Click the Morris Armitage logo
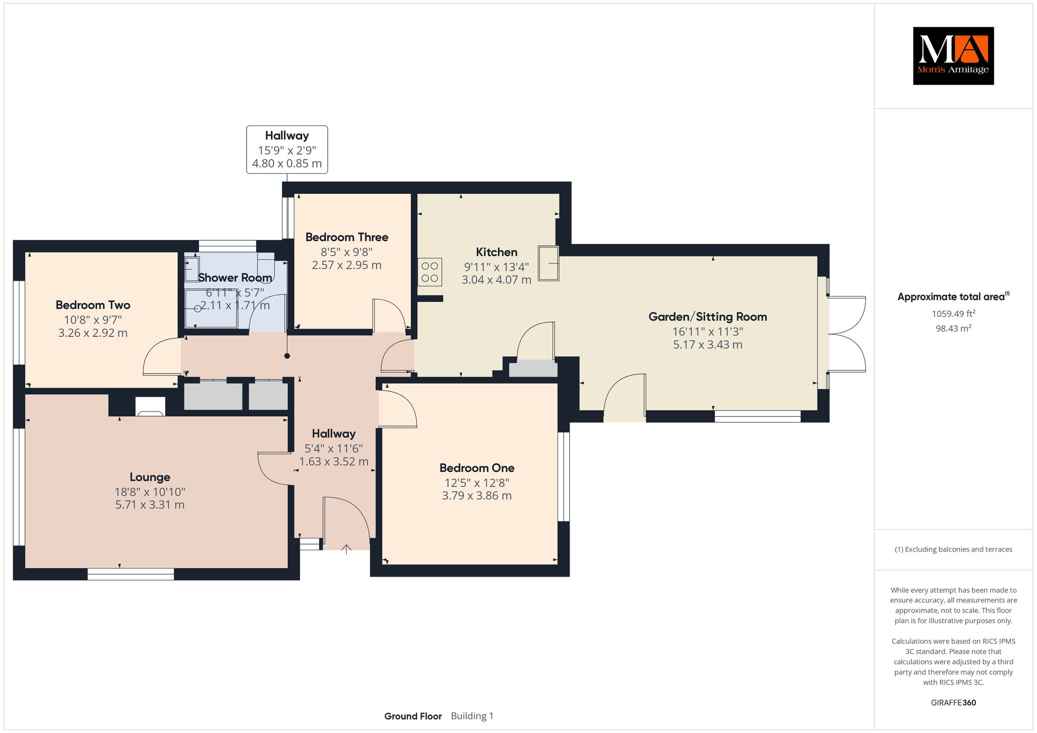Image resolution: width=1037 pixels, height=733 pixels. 953,56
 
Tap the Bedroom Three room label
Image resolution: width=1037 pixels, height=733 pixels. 347,237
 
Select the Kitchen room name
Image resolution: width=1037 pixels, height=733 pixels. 497,252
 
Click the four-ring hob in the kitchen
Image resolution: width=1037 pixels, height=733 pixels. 430,272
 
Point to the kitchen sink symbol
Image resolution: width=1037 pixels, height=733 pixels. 548,263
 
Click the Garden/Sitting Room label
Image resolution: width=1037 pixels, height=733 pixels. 708,317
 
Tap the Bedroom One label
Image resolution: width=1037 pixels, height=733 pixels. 477,468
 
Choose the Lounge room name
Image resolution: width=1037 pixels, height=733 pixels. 150,477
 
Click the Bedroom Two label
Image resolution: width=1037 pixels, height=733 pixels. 93,305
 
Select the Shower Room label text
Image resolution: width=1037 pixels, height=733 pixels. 235,278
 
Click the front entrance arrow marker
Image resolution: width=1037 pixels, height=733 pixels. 346,549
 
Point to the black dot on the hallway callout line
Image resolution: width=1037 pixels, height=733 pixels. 287,356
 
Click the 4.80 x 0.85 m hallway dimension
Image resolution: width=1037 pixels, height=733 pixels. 287,164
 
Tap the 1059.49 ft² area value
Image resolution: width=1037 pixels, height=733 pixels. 953,313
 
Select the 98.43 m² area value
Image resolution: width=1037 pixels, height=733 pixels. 953,328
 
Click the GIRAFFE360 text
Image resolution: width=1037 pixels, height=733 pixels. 953,703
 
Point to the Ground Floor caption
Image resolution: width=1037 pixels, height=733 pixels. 413,716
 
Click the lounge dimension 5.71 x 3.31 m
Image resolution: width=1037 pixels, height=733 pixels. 150,505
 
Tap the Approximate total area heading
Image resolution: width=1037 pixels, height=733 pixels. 953,297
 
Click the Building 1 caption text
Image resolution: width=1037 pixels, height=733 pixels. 472,716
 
